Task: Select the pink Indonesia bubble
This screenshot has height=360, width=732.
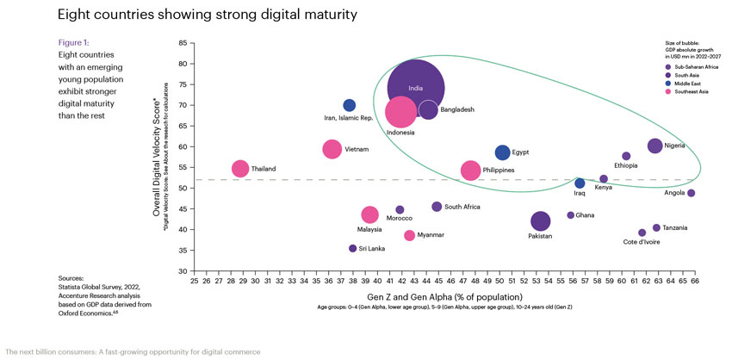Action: [x=400, y=112]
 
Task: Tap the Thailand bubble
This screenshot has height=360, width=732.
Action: [x=240, y=169]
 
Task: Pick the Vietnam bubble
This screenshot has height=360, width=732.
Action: [x=332, y=149]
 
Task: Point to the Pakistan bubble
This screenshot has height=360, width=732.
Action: [x=540, y=222]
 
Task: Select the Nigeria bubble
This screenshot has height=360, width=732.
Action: [x=654, y=146]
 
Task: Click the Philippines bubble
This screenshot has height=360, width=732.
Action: [x=470, y=171]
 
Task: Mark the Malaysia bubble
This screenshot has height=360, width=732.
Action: [x=370, y=214]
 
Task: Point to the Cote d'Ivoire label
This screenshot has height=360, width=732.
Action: [x=642, y=242]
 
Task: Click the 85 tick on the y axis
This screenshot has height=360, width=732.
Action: [x=182, y=43]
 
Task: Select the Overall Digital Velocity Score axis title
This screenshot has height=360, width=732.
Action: [x=156, y=157]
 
